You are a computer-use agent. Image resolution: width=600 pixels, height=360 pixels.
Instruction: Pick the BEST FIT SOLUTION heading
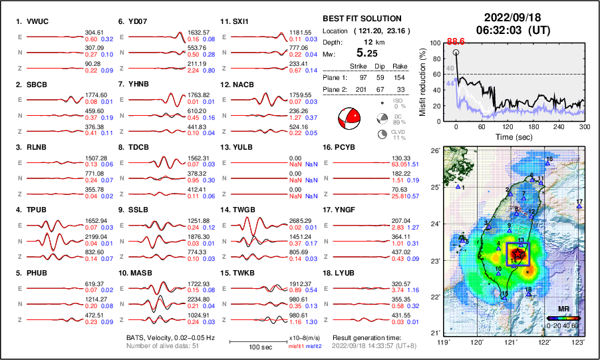(361, 19)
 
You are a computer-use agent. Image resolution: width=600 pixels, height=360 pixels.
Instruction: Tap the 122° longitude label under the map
(545, 343)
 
